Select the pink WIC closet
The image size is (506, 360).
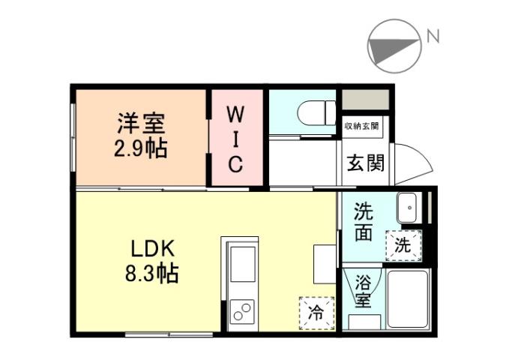(x=235, y=139)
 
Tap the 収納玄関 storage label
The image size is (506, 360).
(x=361, y=127)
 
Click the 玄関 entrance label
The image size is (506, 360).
(x=365, y=161)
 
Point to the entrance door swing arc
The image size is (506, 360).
(x=412, y=162)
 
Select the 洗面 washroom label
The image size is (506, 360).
(x=364, y=222)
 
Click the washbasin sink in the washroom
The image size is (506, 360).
(x=409, y=208)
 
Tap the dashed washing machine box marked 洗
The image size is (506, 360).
(x=403, y=244)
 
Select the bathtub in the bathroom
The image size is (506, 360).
(x=407, y=298)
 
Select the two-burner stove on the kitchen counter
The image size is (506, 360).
(x=242, y=310)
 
